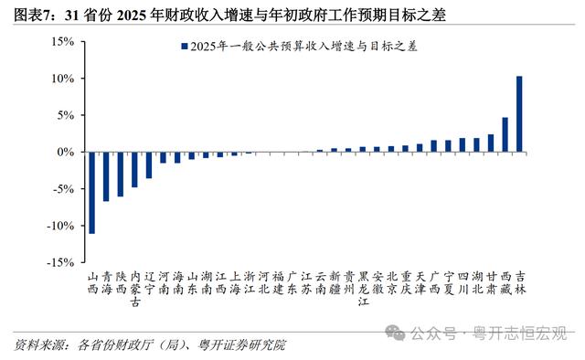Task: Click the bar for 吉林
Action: (x=519, y=114)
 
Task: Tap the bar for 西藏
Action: (x=505, y=134)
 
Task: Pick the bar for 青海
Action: (x=106, y=176)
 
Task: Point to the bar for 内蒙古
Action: (x=134, y=170)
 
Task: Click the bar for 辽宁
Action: (x=149, y=165)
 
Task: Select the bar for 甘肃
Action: (x=491, y=143)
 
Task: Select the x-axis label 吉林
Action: (x=520, y=282)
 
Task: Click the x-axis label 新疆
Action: (x=335, y=282)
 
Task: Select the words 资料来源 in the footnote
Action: (x=38, y=345)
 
